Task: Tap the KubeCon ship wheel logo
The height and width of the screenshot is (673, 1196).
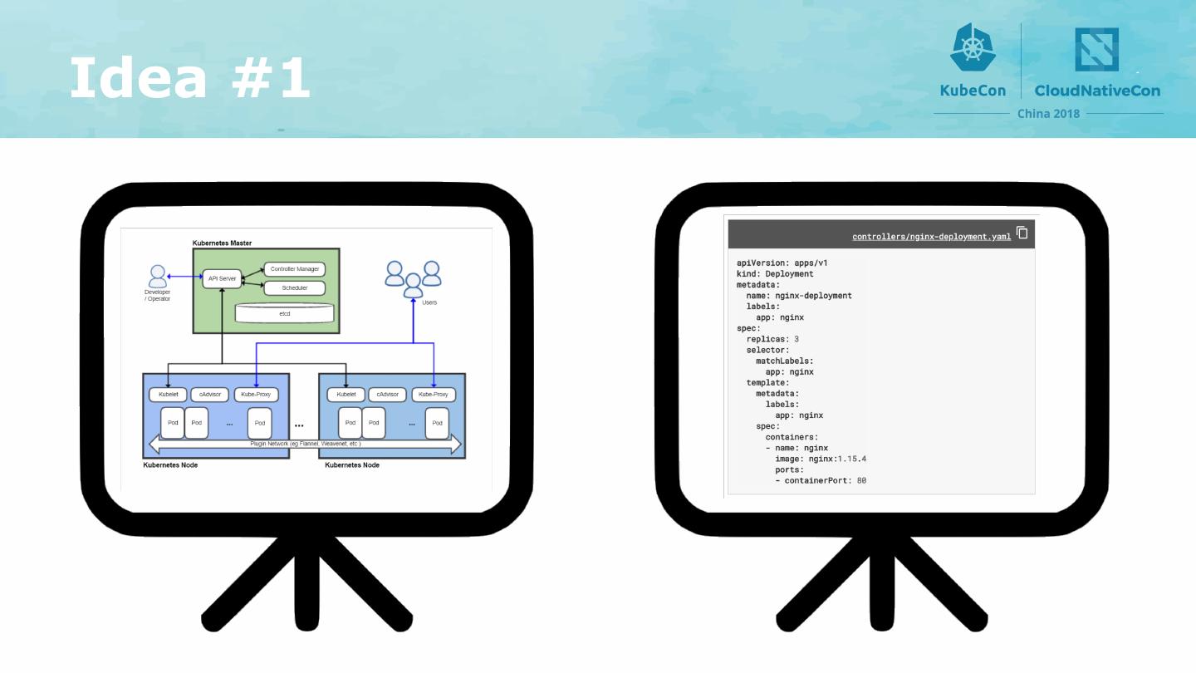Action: [x=973, y=47]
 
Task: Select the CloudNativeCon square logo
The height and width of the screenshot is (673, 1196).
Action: [x=1096, y=50]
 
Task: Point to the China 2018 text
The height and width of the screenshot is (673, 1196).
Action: [x=1048, y=113]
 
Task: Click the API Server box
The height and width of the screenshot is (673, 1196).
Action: [x=222, y=278]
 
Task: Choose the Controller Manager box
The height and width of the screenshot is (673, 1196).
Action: [x=294, y=269]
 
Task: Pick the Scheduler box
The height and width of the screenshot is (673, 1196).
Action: [x=294, y=287]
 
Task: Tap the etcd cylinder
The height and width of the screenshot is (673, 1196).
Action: [x=284, y=313]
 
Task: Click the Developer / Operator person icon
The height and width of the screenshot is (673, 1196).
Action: [x=158, y=276]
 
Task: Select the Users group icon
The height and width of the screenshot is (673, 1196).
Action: [x=413, y=278]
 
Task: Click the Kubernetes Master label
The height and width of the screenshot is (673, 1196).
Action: [x=222, y=243]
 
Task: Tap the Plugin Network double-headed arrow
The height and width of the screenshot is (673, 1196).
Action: [x=304, y=445]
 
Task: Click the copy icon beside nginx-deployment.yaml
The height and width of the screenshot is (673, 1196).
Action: [x=1022, y=233]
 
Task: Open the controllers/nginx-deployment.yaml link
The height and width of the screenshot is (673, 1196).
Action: [x=931, y=237]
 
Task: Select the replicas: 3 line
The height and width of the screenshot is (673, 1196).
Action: [x=772, y=339]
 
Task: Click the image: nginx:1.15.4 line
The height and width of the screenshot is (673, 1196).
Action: [x=821, y=459]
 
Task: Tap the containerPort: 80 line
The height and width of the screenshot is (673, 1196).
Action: [x=821, y=480]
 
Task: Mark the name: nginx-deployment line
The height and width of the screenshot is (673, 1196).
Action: [x=799, y=295]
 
